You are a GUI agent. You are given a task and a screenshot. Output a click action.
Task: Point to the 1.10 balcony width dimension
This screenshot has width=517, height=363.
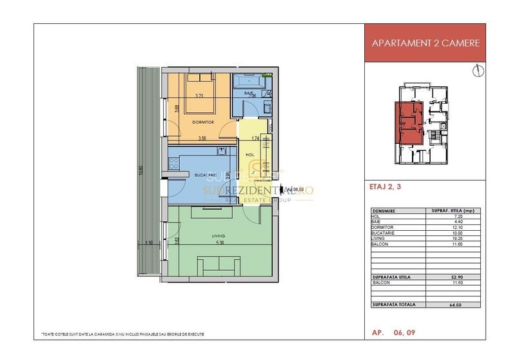150,243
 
